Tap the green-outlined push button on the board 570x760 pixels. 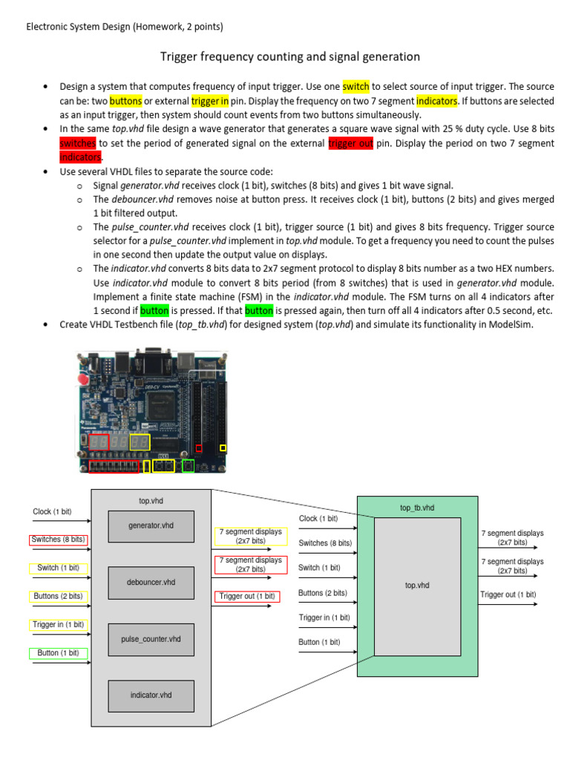coord(189,466)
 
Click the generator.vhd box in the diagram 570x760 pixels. coord(151,525)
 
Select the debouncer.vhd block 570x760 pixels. coord(151,582)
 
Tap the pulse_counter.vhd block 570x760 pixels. coord(151,638)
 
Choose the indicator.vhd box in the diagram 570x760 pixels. coord(151,695)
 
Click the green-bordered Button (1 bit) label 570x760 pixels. coord(58,653)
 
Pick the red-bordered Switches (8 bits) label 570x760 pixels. coord(58,540)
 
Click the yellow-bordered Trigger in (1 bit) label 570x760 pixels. coord(58,625)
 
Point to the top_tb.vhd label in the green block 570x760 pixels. coord(417,508)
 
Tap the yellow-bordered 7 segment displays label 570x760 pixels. coord(249,536)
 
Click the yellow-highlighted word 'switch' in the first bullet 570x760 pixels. coord(356,87)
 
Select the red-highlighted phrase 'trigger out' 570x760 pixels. coord(350,143)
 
